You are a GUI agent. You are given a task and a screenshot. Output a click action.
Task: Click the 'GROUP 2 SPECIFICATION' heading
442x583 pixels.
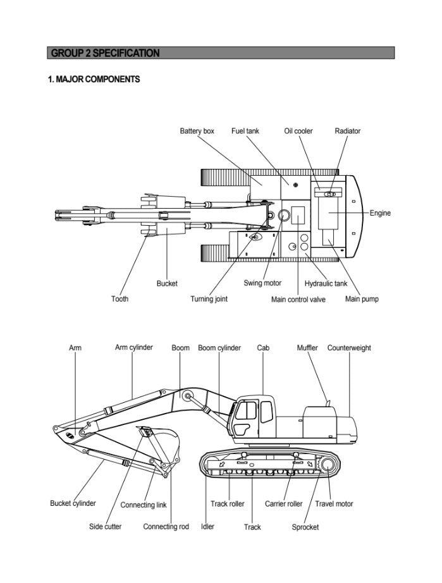point(105,53)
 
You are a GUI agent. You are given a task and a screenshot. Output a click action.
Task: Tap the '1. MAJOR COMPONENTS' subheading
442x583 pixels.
point(94,80)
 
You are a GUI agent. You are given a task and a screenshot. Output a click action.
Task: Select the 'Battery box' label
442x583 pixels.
point(197,131)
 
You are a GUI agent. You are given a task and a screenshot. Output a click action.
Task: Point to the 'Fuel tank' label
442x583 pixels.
point(245,131)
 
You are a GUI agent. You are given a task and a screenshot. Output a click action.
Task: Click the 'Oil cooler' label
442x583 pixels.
point(298,131)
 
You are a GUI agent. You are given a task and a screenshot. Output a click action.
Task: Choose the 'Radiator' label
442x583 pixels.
point(348,131)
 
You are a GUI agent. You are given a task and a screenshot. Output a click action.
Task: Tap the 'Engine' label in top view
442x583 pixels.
point(380,213)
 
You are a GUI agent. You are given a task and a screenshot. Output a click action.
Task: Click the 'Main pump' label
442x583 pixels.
point(362,298)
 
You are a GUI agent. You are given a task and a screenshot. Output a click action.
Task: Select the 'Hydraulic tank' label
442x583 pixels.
point(326,283)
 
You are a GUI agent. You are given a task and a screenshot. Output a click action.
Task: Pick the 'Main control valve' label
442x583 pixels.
point(298,299)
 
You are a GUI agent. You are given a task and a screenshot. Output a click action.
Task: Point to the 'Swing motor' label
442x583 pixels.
point(263,283)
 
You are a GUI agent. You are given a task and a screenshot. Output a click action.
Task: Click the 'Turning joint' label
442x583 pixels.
point(209,298)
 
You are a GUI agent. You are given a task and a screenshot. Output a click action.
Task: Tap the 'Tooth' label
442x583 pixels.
point(120,298)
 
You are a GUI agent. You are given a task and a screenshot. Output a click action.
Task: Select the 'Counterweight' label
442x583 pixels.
point(349,348)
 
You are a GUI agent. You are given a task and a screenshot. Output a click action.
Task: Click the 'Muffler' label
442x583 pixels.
point(307,348)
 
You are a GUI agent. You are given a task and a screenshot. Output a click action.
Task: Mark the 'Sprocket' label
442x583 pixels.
point(305,527)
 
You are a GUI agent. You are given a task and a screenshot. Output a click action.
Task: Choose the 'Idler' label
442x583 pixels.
point(207,526)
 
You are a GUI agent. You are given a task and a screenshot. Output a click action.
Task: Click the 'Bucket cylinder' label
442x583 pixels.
point(73,503)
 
